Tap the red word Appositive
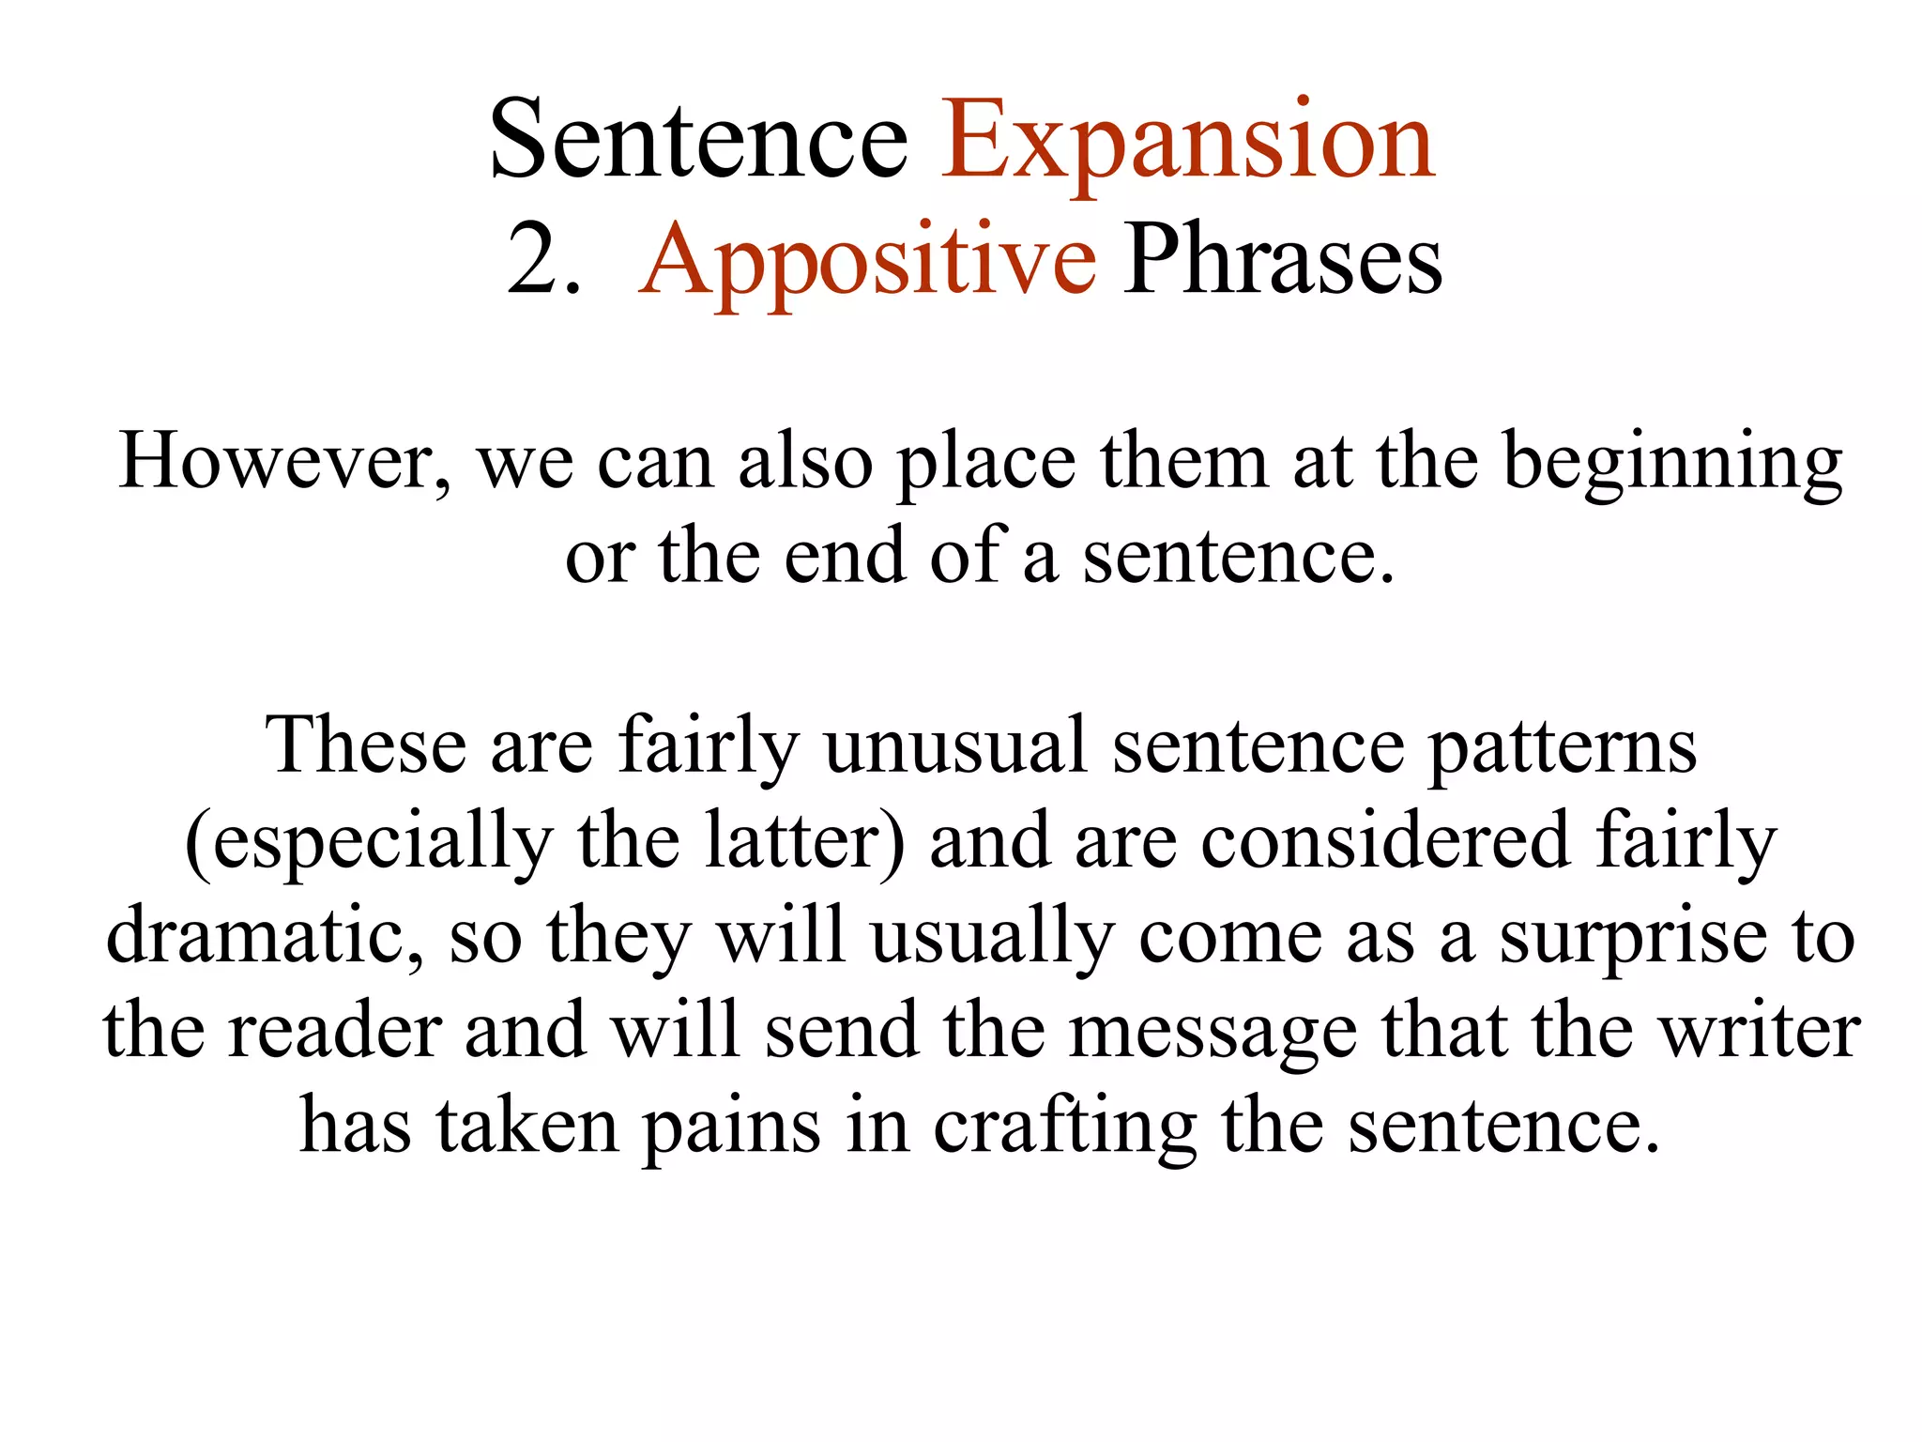coord(867,261)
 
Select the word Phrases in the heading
coord(1282,261)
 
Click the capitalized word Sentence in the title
coord(699,141)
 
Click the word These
coord(366,745)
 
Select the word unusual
coord(955,745)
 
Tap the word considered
coord(1385,840)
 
